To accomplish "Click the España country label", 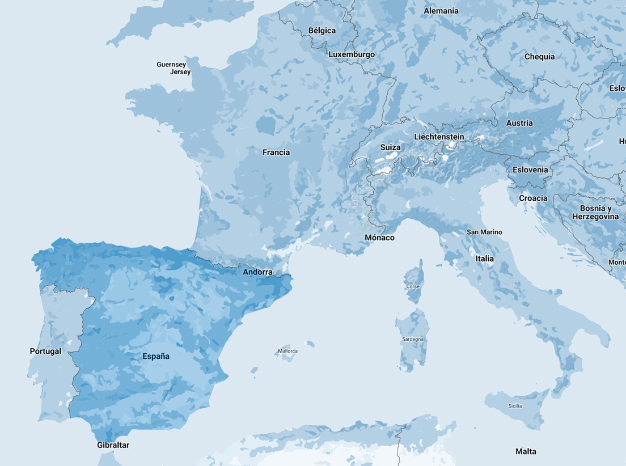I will [x=156, y=357].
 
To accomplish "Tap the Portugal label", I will [x=45, y=351].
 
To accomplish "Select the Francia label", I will [x=276, y=152].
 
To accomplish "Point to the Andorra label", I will [x=257, y=272].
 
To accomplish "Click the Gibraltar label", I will [x=113, y=445].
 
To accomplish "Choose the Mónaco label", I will [x=379, y=238].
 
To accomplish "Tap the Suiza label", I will [x=390, y=147].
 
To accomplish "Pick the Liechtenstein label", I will [x=439, y=137].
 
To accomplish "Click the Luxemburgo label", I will [x=352, y=54].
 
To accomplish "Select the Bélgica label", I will [x=322, y=31].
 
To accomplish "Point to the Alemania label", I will [x=441, y=11].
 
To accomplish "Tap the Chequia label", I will [x=539, y=57].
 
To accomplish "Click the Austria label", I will [x=519, y=123].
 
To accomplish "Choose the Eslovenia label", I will [x=530, y=170].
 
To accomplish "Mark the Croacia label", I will [x=533, y=198].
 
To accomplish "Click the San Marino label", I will [x=484, y=232].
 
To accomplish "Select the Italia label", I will [x=485, y=259].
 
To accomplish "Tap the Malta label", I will [x=526, y=452].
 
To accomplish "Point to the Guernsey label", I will [x=171, y=65].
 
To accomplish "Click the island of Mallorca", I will [x=287, y=351].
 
